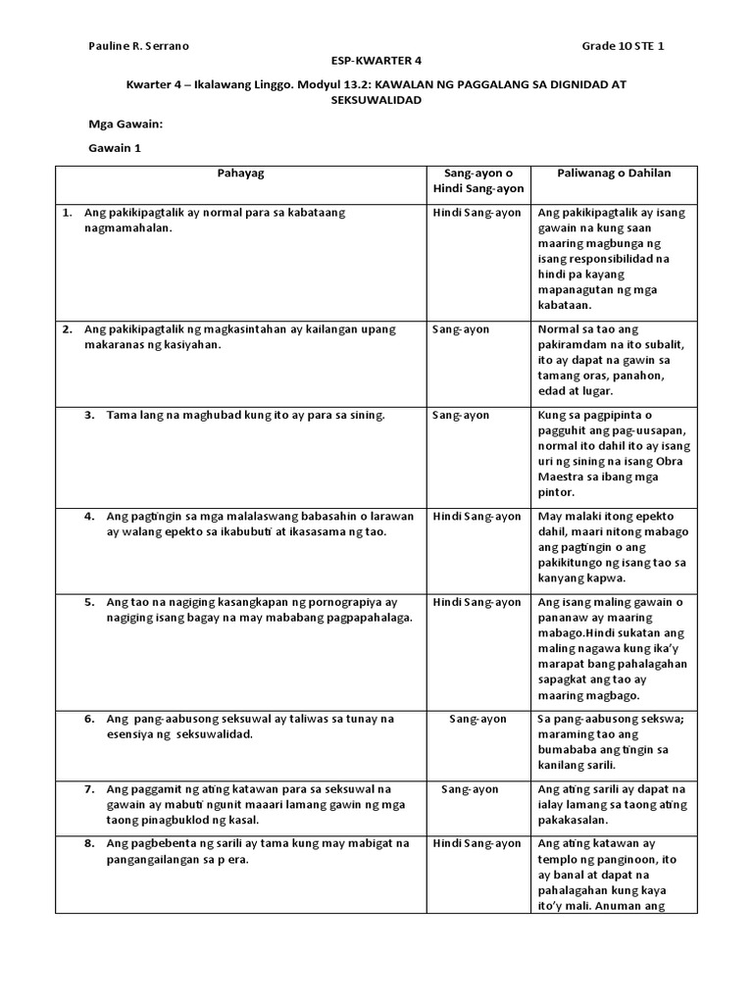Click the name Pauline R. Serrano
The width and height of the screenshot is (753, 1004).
point(138,46)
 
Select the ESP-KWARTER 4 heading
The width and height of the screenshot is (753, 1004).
point(376,60)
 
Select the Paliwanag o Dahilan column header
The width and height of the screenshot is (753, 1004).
point(614,174)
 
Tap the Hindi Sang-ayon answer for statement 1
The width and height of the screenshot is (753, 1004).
point(477,213)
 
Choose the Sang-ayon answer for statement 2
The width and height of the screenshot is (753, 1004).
point(461,329)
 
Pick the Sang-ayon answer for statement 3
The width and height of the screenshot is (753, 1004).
point(461,415)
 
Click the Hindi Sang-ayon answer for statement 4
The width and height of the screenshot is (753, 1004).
point(477,516)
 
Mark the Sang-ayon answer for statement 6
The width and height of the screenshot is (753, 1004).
point(477,719)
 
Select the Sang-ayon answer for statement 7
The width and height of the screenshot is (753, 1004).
point(470,788)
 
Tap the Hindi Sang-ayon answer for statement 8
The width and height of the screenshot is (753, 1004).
point(477,843)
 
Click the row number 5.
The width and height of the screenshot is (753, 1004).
point(88,602)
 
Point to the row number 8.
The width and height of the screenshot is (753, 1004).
point(88,843)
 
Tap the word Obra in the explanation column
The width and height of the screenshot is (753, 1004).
point(673,461)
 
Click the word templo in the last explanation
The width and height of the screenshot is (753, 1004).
point(558,859)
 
